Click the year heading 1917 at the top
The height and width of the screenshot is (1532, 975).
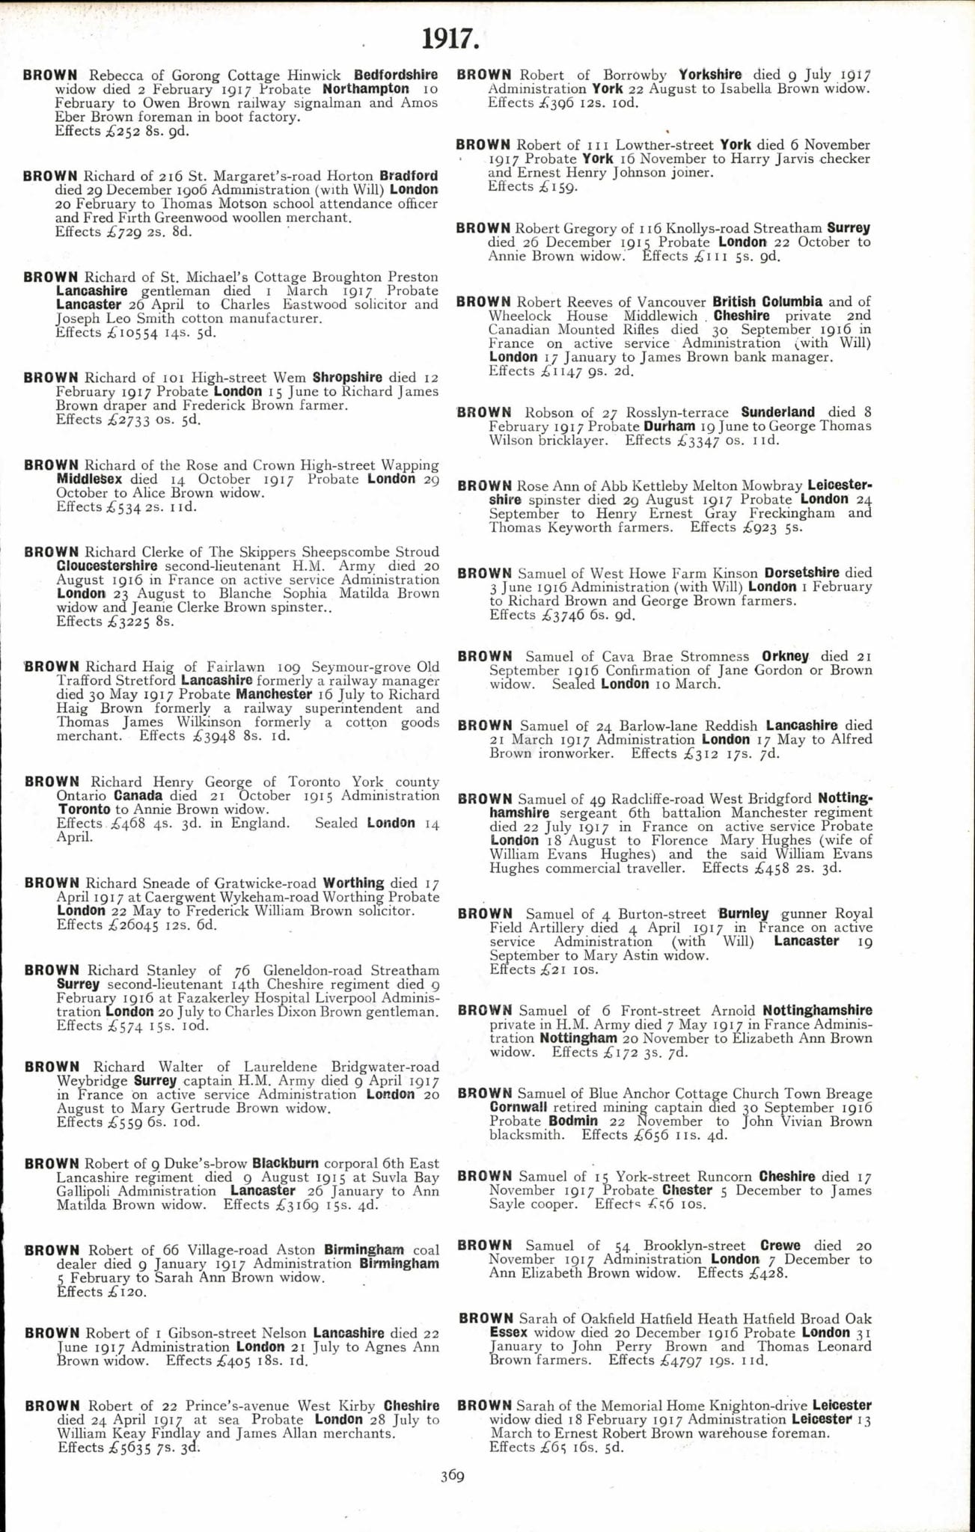(x=450, y=38)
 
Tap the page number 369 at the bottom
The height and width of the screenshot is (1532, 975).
(x=452, y=1476)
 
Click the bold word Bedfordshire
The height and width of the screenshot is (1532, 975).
(x=396, y=75)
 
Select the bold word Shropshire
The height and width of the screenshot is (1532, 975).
(x=347, y=378)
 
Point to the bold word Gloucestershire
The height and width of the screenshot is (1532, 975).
(x=107, y=566)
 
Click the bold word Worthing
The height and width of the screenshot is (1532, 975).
(x=354, y=883)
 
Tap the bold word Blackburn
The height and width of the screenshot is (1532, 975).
(x=285, y=1163)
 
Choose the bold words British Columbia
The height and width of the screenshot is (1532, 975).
(x=767, y=301)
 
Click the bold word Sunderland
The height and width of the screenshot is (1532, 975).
(x=777, y=412)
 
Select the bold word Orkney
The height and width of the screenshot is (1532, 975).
(x=785, y=656)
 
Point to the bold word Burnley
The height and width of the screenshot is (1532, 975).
(x=743, y=913)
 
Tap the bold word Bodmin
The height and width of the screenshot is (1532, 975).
(x=572, y=1121)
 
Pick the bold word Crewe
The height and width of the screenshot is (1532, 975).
(x=780, y=1245)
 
